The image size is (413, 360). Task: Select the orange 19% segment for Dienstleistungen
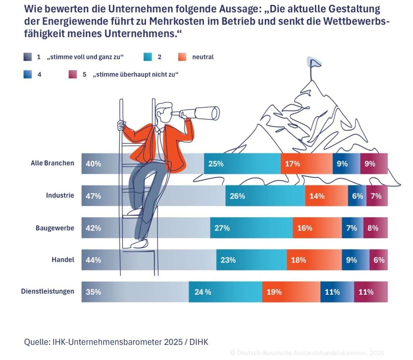[x=291, y=292]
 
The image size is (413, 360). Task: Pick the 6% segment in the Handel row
[x=378, y=260]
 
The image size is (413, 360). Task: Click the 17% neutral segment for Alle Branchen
[x=307, y=164]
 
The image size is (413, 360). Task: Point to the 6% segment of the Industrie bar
[x=357, y=196]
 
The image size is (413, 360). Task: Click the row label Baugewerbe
[x=55, y=228]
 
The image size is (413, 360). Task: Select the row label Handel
[x=63, y=260]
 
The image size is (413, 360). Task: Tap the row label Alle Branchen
[x=52, y=163]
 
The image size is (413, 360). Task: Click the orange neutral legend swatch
[x=182, y=57]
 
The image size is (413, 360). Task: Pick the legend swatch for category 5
[x=73, y=75]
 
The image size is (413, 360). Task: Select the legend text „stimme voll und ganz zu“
[x=85, y=57]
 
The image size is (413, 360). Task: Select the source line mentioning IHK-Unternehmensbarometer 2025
[x=116, y=342]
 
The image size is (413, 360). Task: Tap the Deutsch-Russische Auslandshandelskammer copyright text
[x=307, y=353]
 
